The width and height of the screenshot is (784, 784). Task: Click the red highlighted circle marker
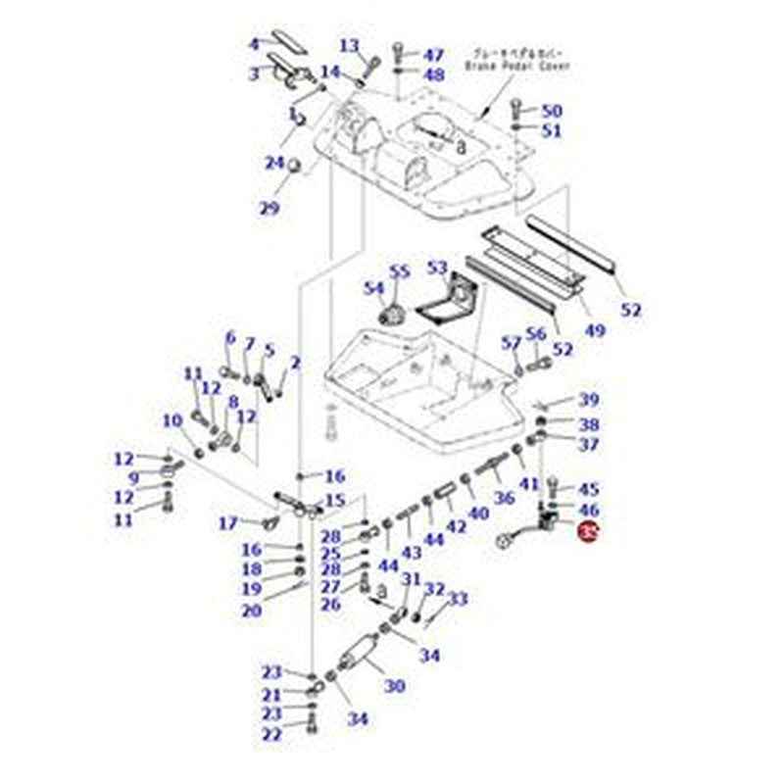point(588,532)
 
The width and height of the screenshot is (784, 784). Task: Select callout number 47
point(433,55)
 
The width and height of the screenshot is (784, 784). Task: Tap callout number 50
point(552,111)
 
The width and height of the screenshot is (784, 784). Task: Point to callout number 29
point(269,208)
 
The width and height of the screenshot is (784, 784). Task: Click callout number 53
point(437,268)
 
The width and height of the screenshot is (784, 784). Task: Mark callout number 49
point(595,330)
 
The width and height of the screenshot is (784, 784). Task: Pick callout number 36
point(504,498)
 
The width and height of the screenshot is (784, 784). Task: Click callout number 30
point(394,686)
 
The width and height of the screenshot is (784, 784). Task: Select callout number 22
point(271,734)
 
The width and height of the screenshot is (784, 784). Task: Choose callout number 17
point(227,522)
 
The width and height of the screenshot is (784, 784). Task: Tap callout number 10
point(172,421)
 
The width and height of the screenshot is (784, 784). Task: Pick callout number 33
point(458,599)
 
